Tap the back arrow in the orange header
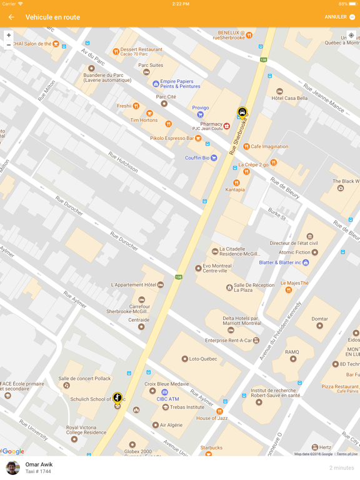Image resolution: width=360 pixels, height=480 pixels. (x=11, y=17)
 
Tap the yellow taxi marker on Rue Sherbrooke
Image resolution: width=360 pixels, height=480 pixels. (x=242, y=112)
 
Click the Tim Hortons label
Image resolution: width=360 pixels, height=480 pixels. (x=144, y=120)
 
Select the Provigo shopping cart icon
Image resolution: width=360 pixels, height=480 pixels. (x=200, y=114)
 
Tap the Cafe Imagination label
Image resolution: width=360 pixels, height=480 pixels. (x=269, y=146)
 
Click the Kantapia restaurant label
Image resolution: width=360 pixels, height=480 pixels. (x=235, y=189)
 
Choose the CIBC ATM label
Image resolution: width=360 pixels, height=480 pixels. (x=167, y=399)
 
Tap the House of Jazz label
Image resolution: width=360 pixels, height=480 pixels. (x=212, y=417)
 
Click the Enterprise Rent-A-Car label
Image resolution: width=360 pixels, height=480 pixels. (x=231, y=341)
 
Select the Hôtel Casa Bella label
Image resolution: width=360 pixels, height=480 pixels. (x=289, y=98)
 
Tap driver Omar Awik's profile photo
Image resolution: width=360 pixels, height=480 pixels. (x=12, y=467)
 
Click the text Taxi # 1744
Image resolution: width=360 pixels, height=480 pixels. (x=39, y=471)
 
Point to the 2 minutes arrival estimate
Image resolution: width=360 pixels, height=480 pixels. (x=341, y=468)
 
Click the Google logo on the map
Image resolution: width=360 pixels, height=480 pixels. (x=13, y=451)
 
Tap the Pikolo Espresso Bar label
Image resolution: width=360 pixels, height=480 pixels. (x=172, y=138)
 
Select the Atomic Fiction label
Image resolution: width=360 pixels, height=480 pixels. (x=294, y=252)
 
